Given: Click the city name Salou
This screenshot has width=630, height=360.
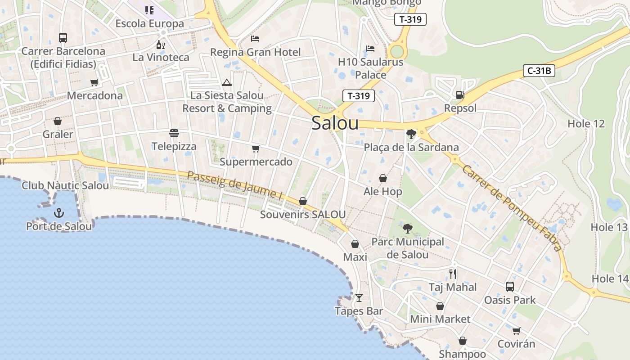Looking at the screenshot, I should tap(335, 123).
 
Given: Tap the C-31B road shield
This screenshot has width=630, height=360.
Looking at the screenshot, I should tap(539, 71).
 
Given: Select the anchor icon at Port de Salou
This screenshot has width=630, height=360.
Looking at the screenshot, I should tap(58, 213).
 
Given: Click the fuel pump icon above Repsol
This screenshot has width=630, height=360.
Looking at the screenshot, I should tap(460, 94).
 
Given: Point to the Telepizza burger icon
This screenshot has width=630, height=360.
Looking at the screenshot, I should tap(174, 133).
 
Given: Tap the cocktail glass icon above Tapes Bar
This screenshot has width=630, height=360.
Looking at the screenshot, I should tap(359, 297).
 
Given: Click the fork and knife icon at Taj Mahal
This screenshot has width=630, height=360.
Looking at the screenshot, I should tap(453, 274).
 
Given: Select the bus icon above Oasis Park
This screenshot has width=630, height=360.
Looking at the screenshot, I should tap(509, 286).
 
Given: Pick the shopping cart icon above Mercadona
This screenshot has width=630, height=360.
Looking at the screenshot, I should tap(94, 82).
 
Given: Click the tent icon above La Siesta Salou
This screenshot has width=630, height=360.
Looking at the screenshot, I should tap(226, 82).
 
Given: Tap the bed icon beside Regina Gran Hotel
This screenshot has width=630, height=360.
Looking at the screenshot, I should tap(255, 39).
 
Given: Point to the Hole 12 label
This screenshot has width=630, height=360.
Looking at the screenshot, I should tap(586, 124).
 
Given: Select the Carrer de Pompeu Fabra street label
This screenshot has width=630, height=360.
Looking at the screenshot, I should tap(512, 208).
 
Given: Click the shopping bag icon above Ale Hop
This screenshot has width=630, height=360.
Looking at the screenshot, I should tap(382, 179).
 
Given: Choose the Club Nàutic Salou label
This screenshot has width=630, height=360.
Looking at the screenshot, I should tap(65, 185).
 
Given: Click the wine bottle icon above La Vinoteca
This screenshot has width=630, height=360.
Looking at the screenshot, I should tap(160, 45).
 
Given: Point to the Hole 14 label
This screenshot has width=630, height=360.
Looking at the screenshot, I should tap(610, 279).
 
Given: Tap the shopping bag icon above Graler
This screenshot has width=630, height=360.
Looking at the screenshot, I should tap(58, 121).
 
